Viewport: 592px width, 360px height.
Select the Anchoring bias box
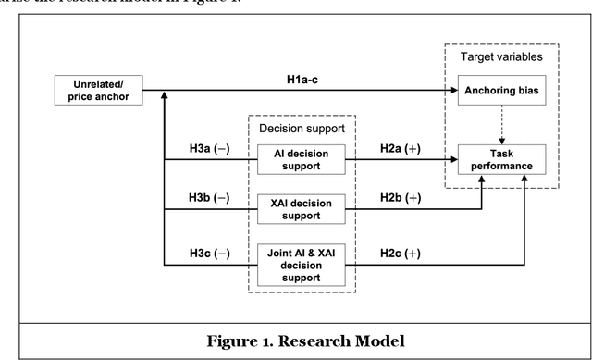pyautogui.click(x=496, y=91)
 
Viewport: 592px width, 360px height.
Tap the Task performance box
pyautogui.click(x=496, y=159)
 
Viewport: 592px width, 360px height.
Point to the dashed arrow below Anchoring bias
pyautogui.click(x=496, y=123)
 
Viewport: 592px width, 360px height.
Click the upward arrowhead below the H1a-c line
pyautogui.click(x=164, y=96)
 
